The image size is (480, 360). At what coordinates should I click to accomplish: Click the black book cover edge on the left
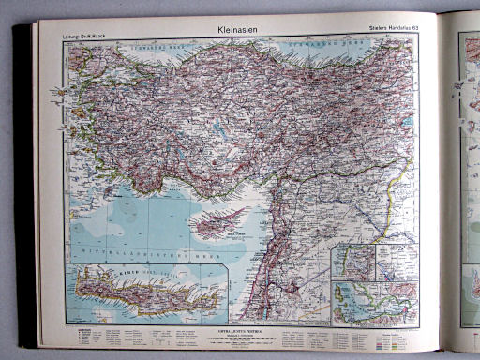click(24, 187)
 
